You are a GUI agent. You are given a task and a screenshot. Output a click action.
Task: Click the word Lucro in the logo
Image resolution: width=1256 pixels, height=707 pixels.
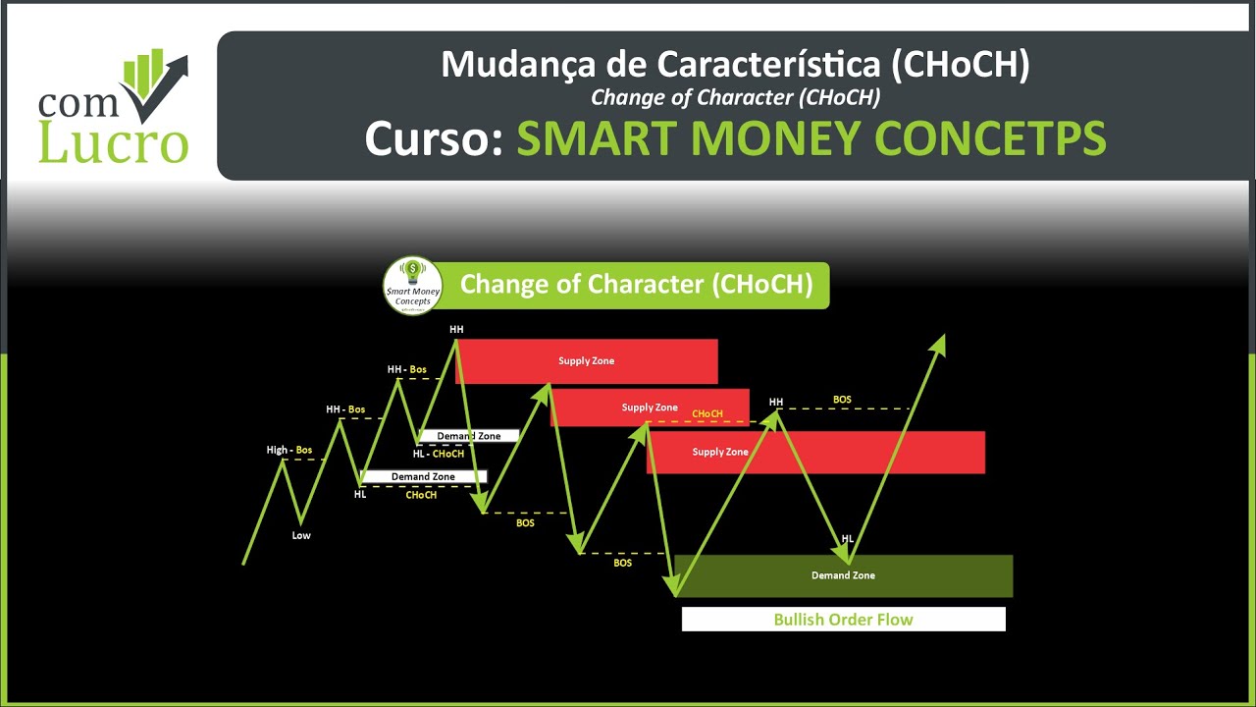coord(112,141)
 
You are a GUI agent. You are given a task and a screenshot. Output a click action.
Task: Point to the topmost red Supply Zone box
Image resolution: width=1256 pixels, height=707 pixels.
coord(587,361)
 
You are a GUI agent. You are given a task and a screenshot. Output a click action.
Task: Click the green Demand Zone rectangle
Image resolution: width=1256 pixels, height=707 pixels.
coord(843,575)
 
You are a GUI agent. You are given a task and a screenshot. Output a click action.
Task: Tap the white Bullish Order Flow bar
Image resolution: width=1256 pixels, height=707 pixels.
coord(843,620)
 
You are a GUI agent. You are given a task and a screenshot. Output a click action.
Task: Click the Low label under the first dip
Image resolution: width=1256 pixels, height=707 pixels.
coord(301,536)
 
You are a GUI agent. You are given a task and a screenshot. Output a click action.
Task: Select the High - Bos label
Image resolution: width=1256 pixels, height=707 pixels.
coord(289,451)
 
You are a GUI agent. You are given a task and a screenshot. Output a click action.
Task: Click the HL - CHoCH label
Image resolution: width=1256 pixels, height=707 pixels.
coord(439,454)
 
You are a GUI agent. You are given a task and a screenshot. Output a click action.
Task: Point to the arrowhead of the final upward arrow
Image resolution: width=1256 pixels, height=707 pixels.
coord(939,343)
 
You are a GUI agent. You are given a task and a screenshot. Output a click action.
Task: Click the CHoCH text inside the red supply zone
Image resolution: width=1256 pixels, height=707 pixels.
coord(706,414)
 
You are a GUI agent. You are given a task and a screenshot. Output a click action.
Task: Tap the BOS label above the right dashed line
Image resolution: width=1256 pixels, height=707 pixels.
coord(842,400)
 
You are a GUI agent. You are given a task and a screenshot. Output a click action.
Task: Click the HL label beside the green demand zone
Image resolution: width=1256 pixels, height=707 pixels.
coord(847,539)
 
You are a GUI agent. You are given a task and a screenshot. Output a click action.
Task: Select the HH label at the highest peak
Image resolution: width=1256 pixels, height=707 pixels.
coord(456,330)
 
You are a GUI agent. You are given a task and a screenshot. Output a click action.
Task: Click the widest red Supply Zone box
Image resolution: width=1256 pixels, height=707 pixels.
coord(815,453)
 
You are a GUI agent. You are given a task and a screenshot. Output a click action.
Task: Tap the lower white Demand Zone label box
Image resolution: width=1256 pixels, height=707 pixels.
coord(423,477)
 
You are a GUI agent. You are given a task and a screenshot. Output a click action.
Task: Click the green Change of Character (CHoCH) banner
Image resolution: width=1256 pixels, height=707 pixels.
coord(636,286)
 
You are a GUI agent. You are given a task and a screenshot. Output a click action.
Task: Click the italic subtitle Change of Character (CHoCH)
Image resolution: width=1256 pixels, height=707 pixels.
coord(735,97)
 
